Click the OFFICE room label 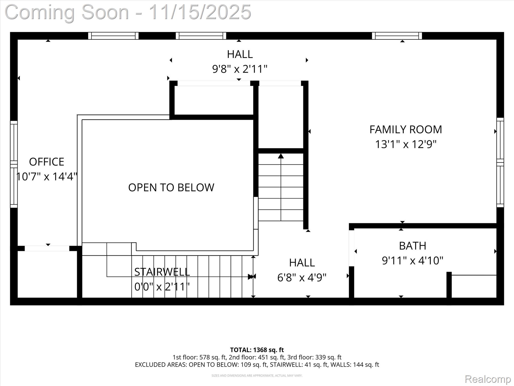click(x=46, y=162)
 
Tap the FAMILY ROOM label click(x=406, y=130)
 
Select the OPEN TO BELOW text click(x=171, y=187)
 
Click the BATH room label click(x=413, y=246)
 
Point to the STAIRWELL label click(x=162, y=272)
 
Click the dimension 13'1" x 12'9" click(x=406, y=144)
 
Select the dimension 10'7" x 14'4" click(x=47, y=176)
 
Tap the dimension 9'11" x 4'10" click(x=413, y=261)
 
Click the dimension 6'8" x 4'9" click(x=302, y=278)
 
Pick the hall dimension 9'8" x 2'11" click(x=240, y=69)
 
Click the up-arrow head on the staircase click(x=281, y=156)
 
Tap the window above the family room click(x=397, y=36)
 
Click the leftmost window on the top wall click(x=113, y=36)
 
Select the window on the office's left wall click(x=14, y=164)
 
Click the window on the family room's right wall click(x=500, y=162)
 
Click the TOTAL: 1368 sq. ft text click(x=257, y=350)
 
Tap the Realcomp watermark click(x=488, y=379)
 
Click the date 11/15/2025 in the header click(x=200, y=12)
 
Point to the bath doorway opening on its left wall click(x=351, y=248)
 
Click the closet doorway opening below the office click(x=47, y=249)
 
